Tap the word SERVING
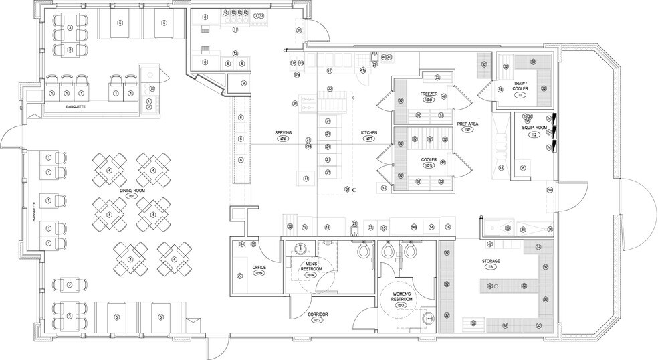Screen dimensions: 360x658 pyautogui.click(x=283, y=133)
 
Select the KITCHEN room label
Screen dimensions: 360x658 pyautogui.click(x=369, y=133)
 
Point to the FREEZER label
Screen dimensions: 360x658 pyautogui.click(x=429, y=93)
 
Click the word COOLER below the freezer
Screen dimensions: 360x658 pyautogui.click(x=429, y=159)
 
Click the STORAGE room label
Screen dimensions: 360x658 pyautogui.click(x=491, y=260)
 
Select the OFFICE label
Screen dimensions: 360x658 pyautogui.click(x=259, y=267)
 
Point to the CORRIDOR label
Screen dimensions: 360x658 pyautogui.click(x=317, y=314)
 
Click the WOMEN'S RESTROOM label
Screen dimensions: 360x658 pyautogui.click(x=401, y=296)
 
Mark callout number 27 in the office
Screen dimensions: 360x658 pyautogui.click(x=239, y=276)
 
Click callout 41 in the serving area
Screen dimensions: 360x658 pyautogui.click(x=306, y=179)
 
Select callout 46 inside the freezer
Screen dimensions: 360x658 pyautogui.click(x=443, y=97)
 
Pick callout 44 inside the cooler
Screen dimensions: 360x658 pyautogui.click(x=443, y=163)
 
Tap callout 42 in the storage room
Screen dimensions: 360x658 pyautogui.click(x=489, y=244)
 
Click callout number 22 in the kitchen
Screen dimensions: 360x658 pyautogui.click(x=330, y=89)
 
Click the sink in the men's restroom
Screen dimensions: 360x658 pyautogui.click(x=302, y=248)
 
